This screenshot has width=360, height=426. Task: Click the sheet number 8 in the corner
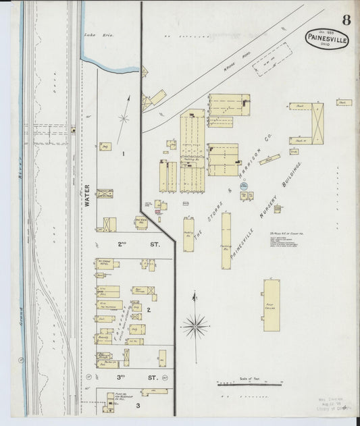pos(346,20)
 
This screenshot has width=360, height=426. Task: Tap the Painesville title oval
pos(326,39)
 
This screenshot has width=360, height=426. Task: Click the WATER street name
pos(86,195)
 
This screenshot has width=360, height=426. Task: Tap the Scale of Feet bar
pos(249,385)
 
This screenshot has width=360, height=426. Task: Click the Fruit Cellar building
pos(272,304)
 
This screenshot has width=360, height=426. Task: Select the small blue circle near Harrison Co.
pos(244,184)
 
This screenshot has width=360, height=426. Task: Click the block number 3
pos(137,406)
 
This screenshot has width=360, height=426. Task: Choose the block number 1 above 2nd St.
pos(123,154)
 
